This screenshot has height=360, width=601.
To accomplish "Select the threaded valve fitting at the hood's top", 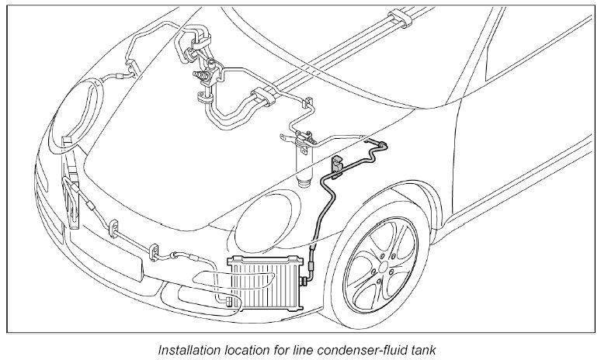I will tap(204, 78).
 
